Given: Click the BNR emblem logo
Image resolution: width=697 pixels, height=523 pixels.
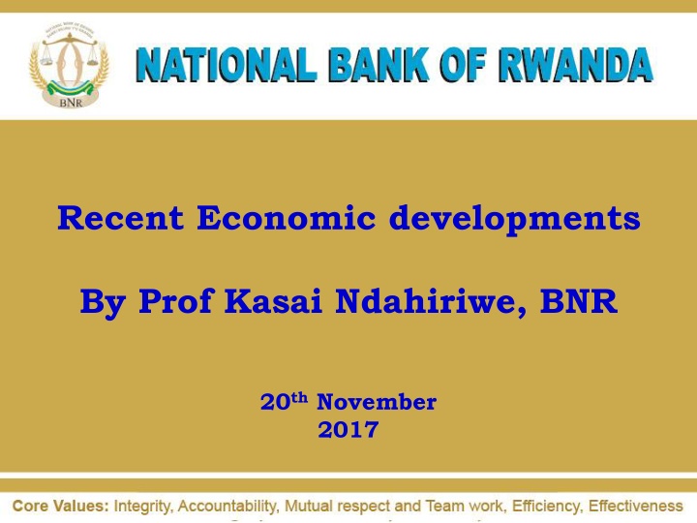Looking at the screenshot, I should pos(68,65).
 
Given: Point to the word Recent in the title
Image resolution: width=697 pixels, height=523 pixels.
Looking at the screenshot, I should pos(122,219).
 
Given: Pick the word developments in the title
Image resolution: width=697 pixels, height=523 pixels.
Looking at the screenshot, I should pos(514,219).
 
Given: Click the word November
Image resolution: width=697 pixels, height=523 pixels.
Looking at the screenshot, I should pos(377,402).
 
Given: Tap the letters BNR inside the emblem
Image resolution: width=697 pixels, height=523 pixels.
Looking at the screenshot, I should pos(69,101).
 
